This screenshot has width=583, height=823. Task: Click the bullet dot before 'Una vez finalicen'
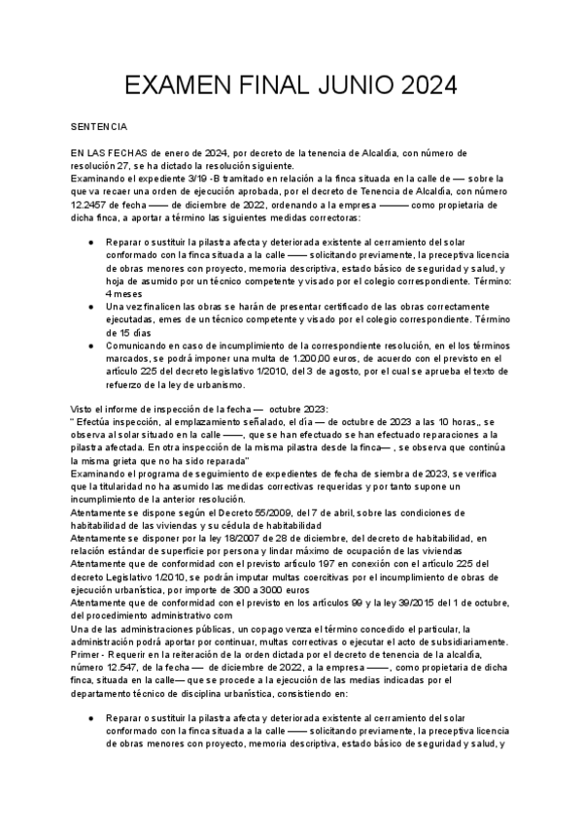tap(90, 307)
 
